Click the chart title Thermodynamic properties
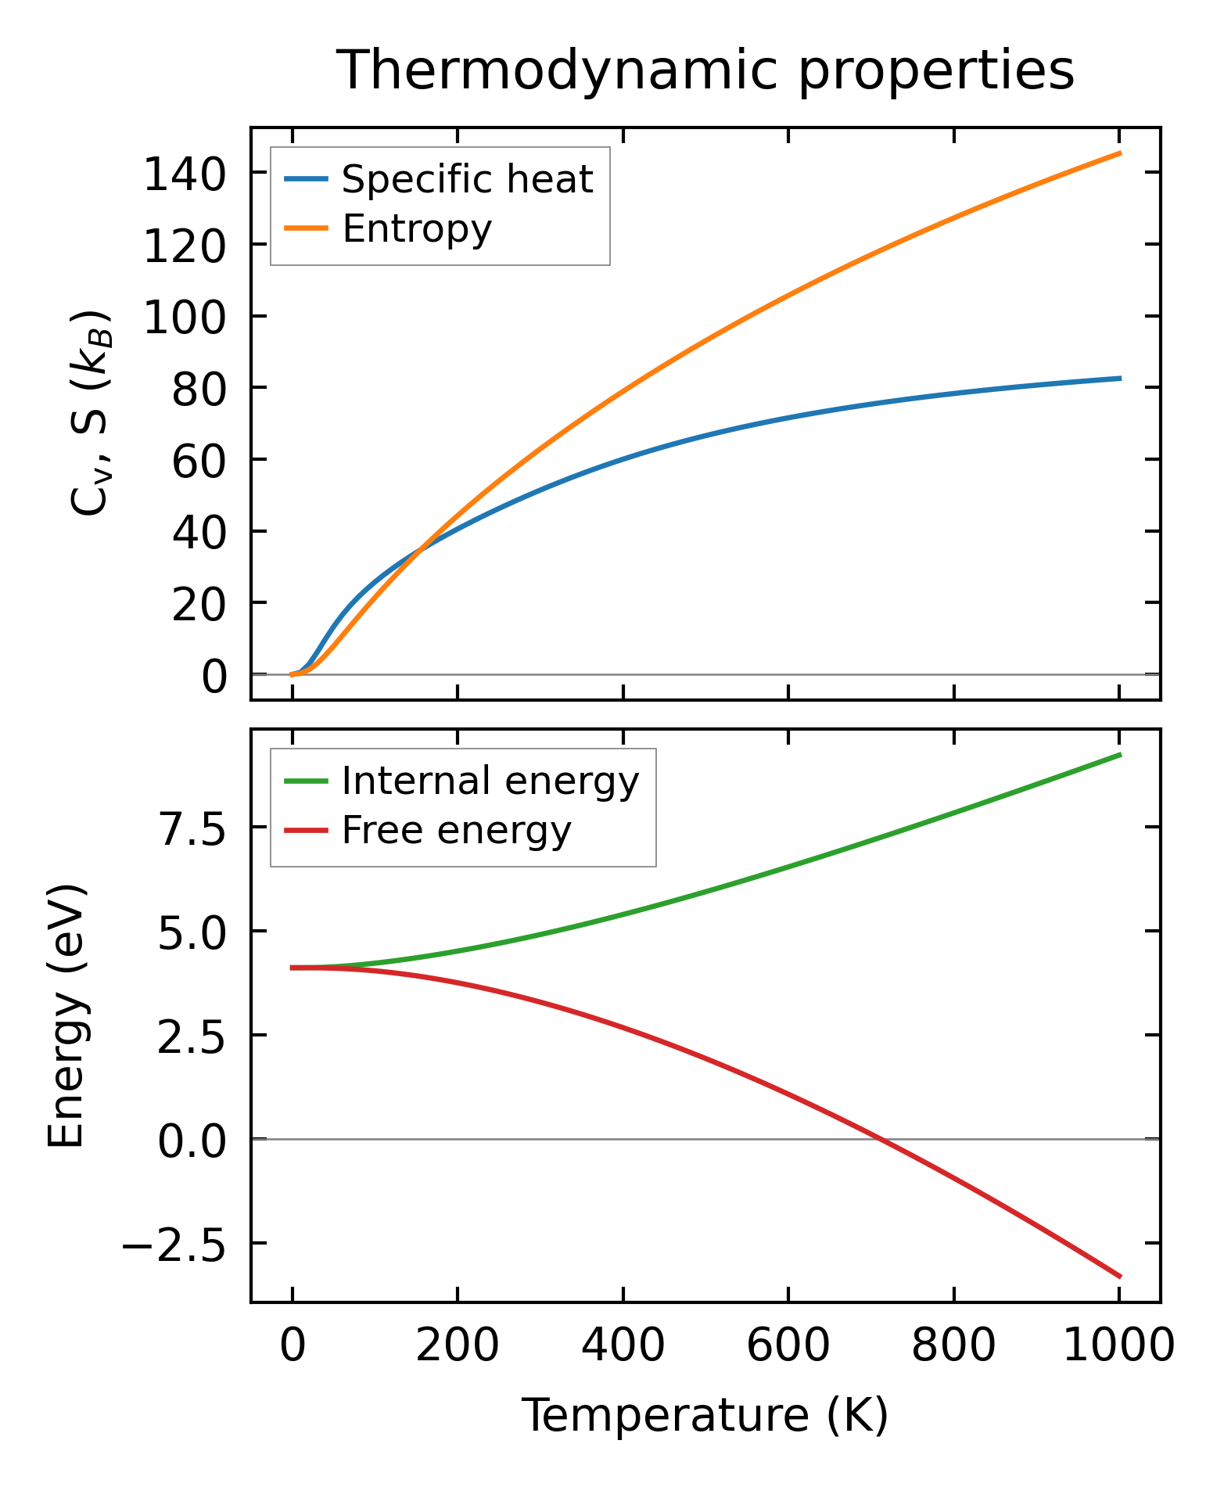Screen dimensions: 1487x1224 [x=705, y=71]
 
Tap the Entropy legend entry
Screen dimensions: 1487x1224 [x=417, y=228]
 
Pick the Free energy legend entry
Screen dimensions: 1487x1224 [x=456, y=830]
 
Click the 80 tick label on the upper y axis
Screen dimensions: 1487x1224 [x=195, y=388]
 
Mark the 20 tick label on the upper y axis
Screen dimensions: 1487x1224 [x=195, y=603]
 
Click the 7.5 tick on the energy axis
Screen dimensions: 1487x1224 [x=192, y=828]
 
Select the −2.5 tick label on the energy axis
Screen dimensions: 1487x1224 [x=174, y=1243]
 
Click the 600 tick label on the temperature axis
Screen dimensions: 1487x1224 [x=788, y=1346]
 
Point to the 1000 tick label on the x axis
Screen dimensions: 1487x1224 [x=1119, y=1346]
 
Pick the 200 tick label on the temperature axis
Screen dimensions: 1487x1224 [x=458, y=1346]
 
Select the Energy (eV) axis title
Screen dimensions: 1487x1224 [x=66, y=1016]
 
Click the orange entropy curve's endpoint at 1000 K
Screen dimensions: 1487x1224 [x=1120, y=153]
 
